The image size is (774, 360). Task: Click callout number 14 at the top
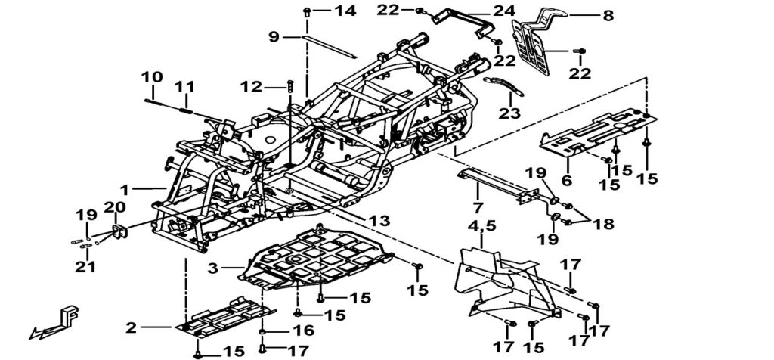[345, 11]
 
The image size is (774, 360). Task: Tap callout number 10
[151, 77]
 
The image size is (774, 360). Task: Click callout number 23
[509, 113]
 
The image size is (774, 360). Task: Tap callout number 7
[478, 206]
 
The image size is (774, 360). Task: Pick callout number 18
[604, 225]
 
